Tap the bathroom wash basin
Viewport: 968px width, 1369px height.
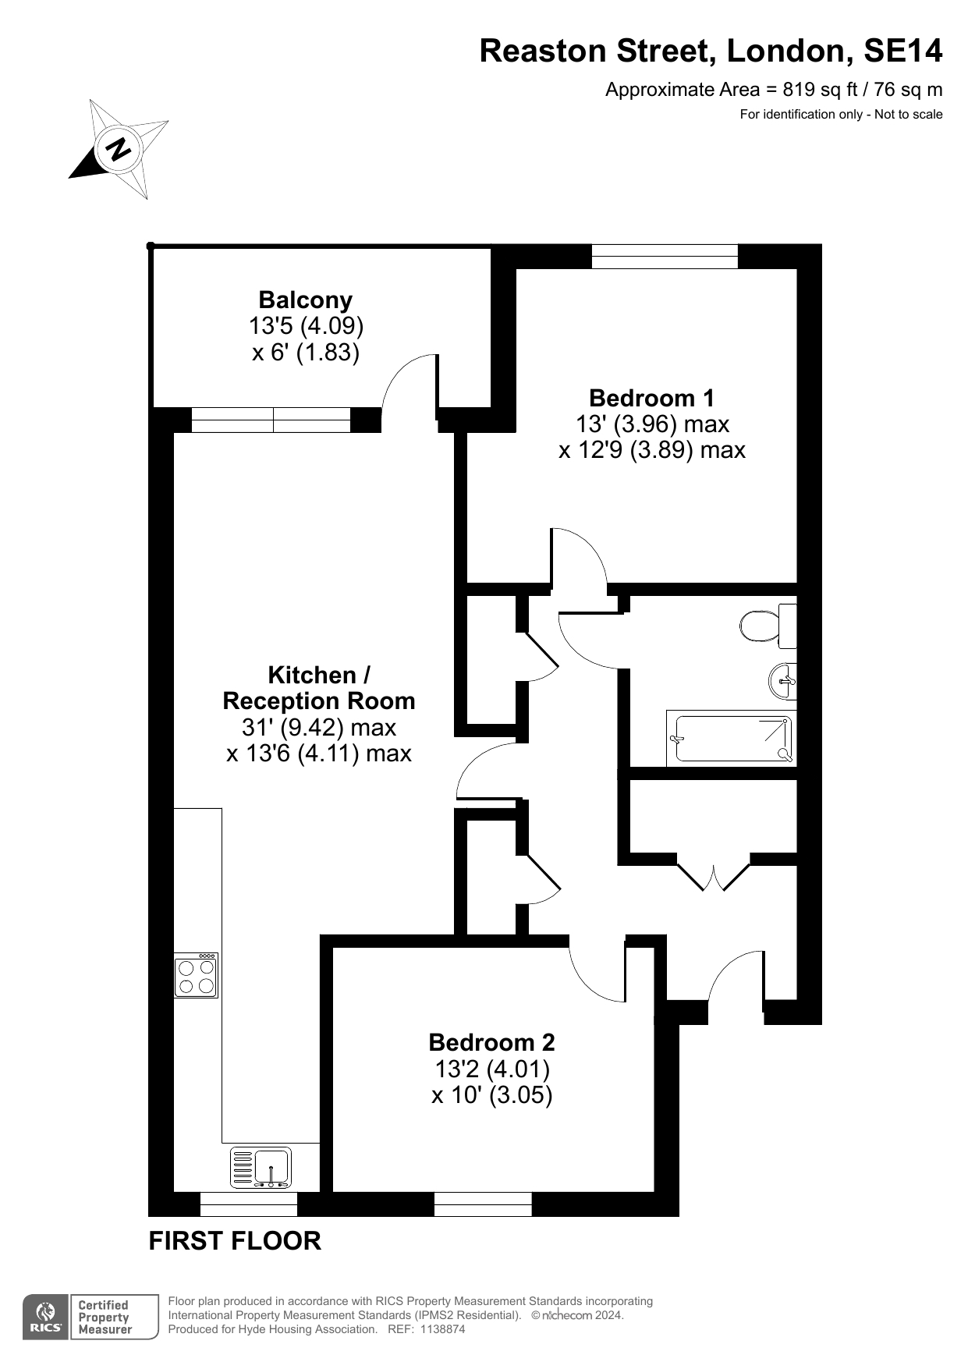tap(782, 681)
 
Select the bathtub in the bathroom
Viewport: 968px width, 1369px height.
tap(732, 738)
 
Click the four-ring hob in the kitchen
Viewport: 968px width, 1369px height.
tap(196, 975)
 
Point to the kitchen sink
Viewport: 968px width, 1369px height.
tap(261, 1167)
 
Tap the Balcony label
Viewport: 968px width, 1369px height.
tap(306, 300)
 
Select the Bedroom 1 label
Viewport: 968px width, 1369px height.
tap(651, 398)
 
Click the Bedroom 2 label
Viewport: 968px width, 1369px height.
tap(492, 1042)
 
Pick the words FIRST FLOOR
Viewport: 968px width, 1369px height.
tap(235, 1240)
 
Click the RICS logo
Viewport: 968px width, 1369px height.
tap(46, 1318)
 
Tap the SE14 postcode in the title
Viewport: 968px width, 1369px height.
tap(903, 51)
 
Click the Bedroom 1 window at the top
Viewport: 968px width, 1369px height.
tap(665, 257)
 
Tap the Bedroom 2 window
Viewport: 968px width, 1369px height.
tap(483, 1204)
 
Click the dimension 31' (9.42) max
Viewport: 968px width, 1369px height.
tap(319, 727)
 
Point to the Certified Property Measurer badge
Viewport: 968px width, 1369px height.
tap(114, 1318)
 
